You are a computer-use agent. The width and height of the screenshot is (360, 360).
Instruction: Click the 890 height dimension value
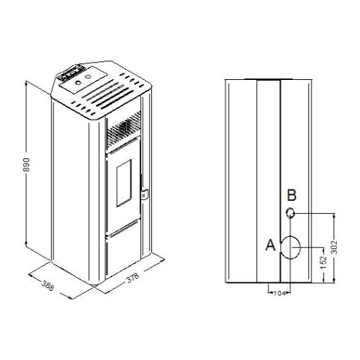click(26, 165)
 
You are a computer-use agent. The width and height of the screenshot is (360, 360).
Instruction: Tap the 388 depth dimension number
click(48, 285)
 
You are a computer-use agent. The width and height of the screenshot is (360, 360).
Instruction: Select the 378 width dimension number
click(132, 278)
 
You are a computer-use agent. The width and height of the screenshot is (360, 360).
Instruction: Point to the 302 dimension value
click(334, 247)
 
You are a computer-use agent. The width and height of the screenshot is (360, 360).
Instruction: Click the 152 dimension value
click(324, 262)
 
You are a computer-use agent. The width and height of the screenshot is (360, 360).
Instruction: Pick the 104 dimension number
click(279, 293)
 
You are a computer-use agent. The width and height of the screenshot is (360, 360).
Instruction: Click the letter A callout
click(271, 246)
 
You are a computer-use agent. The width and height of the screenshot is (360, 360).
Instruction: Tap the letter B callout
click(292, 195)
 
